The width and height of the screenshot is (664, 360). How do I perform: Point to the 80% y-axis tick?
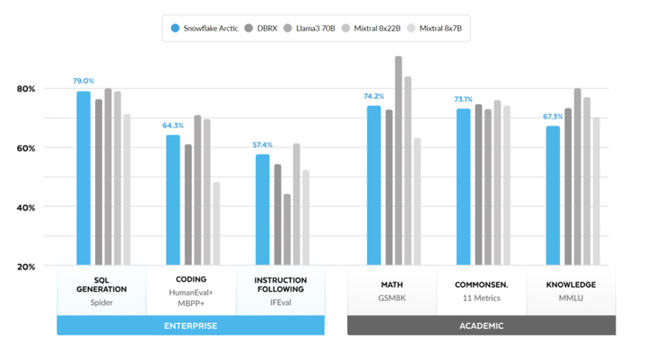[26, 89]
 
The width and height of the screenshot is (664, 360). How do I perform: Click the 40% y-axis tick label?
[26, 207]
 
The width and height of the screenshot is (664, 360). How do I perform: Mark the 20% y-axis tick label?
[26, 267]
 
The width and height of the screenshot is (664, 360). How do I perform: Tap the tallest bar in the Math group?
[398, 161]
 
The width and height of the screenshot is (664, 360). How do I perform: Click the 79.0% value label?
[83, 82]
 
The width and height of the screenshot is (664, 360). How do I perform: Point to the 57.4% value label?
[262, 145]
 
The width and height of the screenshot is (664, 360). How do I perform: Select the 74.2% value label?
[374, 96]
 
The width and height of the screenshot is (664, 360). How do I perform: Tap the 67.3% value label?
[553, 117]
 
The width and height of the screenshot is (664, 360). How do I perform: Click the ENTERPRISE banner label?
[190, 325]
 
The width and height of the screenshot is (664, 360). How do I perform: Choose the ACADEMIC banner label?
[481, 325]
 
